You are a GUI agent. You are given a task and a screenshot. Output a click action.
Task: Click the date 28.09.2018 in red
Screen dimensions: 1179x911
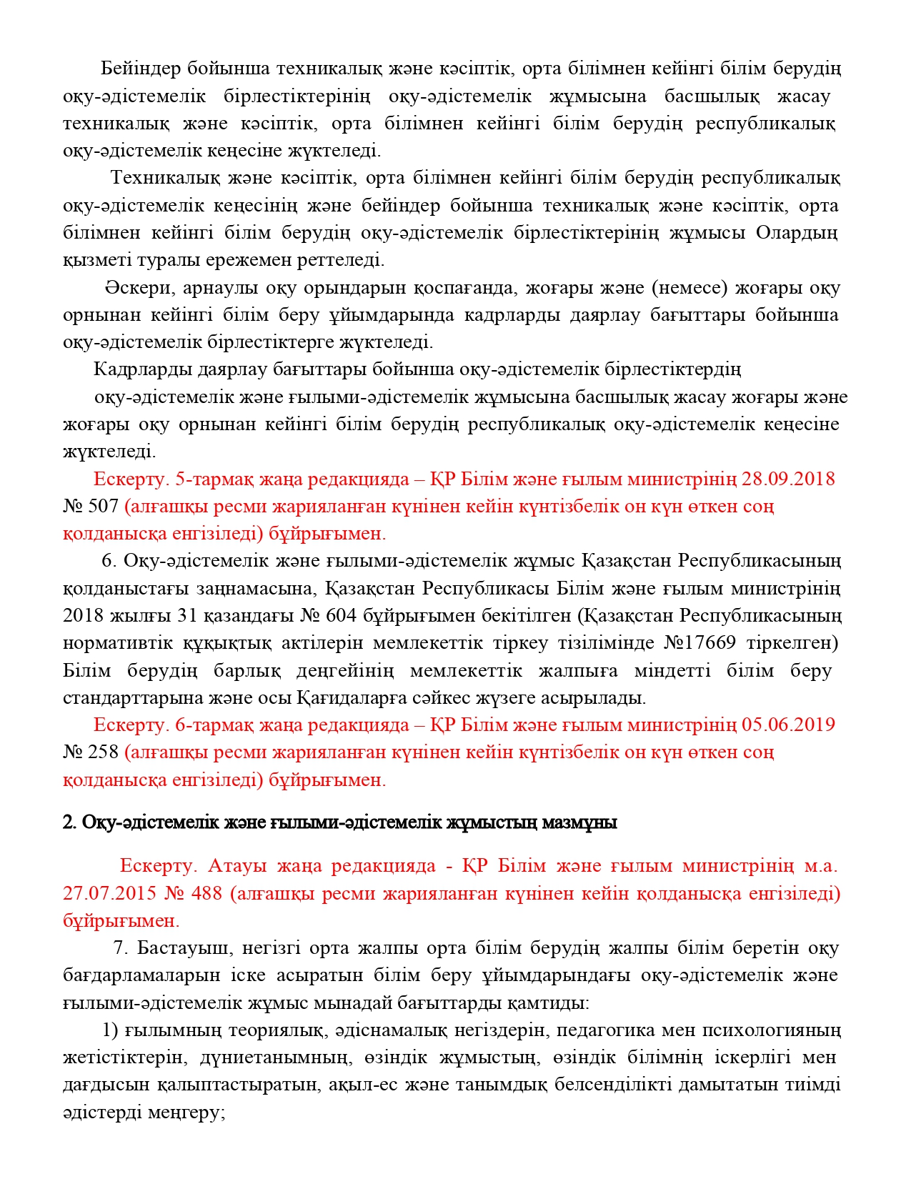(787, 479)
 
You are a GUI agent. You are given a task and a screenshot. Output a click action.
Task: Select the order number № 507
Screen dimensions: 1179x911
(91, 507)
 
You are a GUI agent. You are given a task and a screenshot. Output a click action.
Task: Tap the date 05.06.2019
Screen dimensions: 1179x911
(787, 725)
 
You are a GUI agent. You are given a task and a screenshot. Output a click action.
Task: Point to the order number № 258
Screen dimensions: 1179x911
(91, 752)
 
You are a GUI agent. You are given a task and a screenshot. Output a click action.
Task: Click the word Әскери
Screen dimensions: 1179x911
(139, 288)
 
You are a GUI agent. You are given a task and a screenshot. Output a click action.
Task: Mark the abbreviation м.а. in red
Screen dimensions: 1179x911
(820, 866)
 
